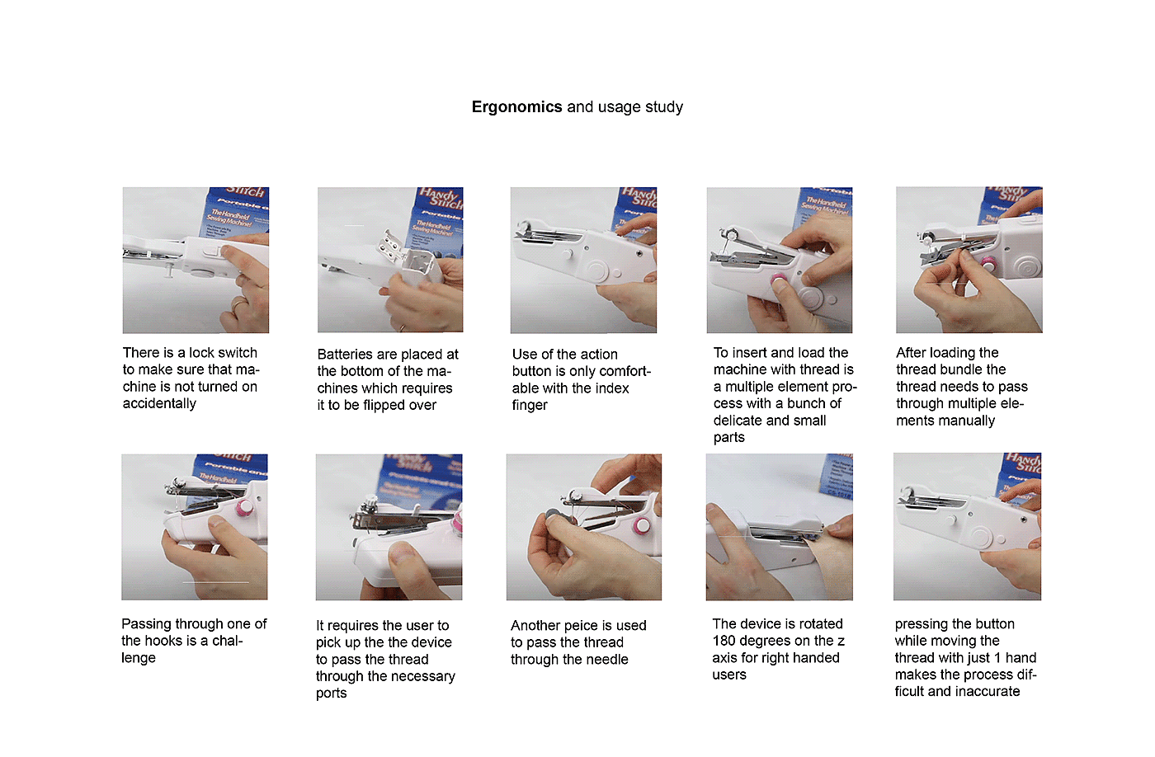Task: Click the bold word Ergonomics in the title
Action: (x=516, y=106)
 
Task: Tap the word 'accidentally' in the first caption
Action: (x=159, y=403)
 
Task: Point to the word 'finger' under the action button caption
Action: (x=530, y=406)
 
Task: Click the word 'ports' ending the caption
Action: (x=331, y=694)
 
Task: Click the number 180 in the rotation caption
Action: (x=723, y=641)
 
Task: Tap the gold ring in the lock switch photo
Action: (x=238, y=304)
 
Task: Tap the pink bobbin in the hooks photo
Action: (x=243, y=508)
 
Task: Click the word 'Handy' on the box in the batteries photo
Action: (x=438, y=196)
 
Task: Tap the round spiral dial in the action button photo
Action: (x=598, y=271)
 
